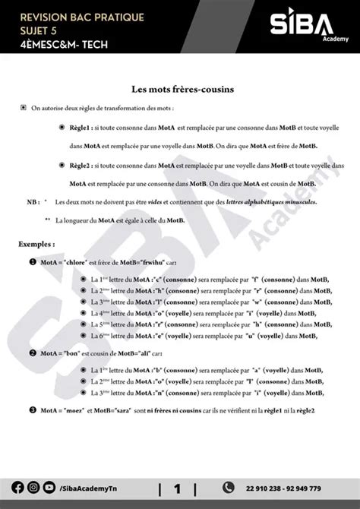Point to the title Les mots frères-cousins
tap(180, 89)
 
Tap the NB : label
tap(33, 202)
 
